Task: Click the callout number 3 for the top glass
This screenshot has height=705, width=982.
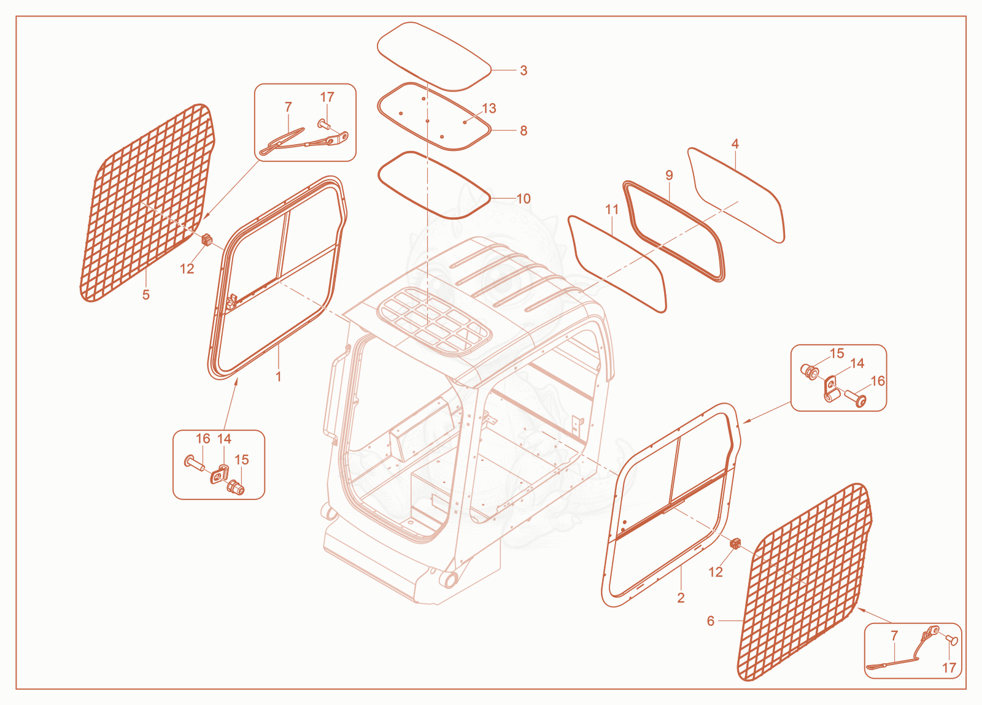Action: click(524, 71)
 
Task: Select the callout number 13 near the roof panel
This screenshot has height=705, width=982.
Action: click(489, 108)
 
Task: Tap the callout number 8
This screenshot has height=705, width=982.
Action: click(524, 131)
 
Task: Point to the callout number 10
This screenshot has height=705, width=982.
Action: click(524, 198)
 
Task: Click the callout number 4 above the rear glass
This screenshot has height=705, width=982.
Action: click(735, 144)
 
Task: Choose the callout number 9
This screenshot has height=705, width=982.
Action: click(669, 175)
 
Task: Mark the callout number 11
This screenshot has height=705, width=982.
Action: click(612, 209)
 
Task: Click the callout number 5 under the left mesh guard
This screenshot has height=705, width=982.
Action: click(146, 295)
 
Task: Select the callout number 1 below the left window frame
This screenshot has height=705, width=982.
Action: click(278, 376)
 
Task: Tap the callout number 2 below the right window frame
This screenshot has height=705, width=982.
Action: click(681, 598)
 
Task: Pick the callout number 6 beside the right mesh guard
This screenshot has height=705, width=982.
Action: click(711, 621)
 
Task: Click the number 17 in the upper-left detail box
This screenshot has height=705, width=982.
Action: click(327, 97)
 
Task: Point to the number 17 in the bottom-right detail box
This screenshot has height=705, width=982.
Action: click(949, 668)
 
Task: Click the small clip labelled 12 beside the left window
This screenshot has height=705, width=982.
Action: click(206, 240)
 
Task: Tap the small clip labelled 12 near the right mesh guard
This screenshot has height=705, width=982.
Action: click(735, 544)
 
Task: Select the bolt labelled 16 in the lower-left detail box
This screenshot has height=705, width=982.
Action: click(194, 463)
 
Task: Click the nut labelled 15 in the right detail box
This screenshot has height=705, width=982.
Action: click(810, 372)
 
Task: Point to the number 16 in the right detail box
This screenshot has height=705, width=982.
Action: click(878, 381)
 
